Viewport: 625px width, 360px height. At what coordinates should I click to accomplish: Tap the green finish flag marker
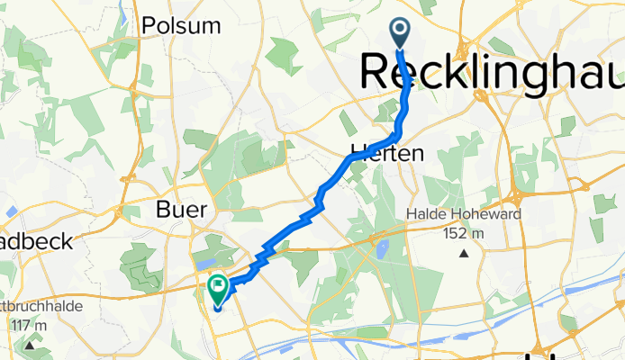tap(218, 289)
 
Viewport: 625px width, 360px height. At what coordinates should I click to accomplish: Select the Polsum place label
tap(181, 25)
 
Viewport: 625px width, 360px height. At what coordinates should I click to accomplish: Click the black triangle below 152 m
tap(464, 254)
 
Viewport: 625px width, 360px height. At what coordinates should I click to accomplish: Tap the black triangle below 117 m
tap(31, 344)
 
